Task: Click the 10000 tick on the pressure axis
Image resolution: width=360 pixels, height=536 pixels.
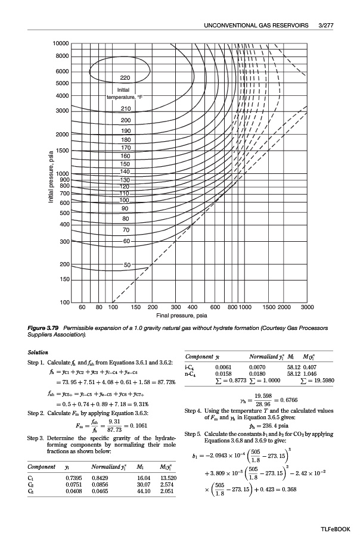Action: [61, 45]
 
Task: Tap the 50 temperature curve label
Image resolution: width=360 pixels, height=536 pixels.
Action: [128, 264]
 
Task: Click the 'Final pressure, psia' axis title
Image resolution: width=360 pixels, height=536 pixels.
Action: [181, 315]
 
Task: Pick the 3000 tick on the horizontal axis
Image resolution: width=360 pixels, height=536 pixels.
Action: [308, 308]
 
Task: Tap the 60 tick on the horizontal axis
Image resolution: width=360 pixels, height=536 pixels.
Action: [83, 308]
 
